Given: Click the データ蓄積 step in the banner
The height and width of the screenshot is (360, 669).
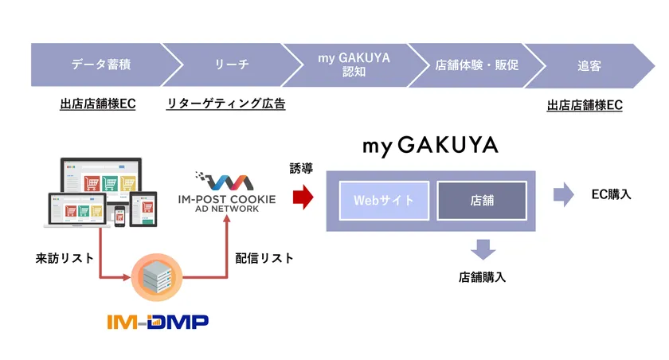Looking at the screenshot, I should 100,65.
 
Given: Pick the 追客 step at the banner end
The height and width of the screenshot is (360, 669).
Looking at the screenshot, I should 589,65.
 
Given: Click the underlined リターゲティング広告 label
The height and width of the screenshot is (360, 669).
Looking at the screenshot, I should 226,104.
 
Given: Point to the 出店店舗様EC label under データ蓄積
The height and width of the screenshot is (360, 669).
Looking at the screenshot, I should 97,104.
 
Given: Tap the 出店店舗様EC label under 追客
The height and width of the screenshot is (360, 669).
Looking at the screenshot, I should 585,105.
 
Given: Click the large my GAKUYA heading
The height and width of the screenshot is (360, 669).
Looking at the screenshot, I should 430,146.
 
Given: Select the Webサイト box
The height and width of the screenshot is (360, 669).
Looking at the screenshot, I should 384,200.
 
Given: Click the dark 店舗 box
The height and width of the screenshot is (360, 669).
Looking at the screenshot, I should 481,200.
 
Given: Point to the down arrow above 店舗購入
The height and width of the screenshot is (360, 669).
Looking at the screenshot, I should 482,248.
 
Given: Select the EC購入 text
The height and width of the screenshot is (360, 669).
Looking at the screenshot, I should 611,194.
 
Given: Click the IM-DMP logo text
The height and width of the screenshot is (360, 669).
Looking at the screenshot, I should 158,322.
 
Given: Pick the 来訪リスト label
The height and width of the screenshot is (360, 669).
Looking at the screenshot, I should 65,258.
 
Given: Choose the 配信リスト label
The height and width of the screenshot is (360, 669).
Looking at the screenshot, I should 264,258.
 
